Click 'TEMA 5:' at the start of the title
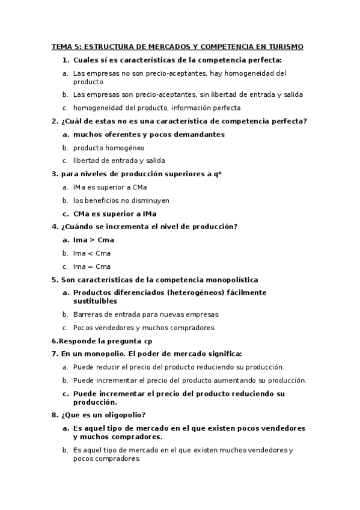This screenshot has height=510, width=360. pos(66,46)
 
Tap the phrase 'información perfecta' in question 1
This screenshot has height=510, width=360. pos(206,108)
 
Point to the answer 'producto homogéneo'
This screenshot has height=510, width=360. pos(109,147)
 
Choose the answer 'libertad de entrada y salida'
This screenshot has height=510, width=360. pos(118,161)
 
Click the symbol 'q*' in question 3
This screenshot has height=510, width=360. pos(218,174)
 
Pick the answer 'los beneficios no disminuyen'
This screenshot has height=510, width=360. pos(121,200)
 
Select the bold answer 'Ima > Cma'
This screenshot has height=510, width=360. pos(93,240)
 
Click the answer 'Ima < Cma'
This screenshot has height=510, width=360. pos(92,253)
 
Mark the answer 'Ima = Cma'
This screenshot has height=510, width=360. pos(92,266)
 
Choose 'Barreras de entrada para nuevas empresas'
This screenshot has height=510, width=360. pos(145,314)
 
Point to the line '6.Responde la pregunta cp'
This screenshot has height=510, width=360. pos(102,340)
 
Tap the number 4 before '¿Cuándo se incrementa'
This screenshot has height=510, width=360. pos(55,227)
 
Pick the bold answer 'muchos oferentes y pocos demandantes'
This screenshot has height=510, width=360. pos(148,134)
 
